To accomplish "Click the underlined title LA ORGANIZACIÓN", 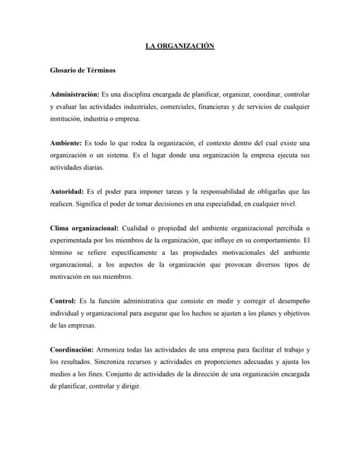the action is pos(180,46).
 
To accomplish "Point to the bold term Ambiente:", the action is pos(65,142).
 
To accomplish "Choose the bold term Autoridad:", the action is pos(68,190).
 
